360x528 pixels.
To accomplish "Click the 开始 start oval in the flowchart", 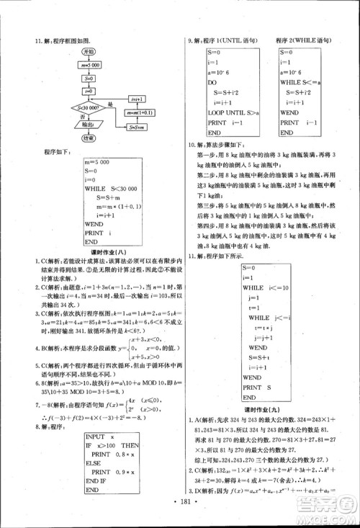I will pyautogui.click(x=88, y=52).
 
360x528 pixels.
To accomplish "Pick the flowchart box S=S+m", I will pyautogui.click(x=133, y=127).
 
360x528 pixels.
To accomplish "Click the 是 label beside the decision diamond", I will pyautogui.click(x=111, y=103).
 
